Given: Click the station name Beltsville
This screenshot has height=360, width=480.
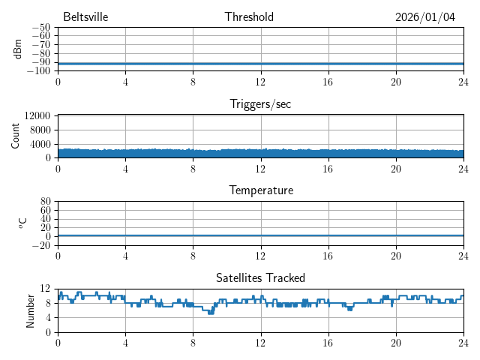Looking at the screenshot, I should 86,17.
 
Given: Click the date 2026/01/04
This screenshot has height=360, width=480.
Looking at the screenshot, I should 425,17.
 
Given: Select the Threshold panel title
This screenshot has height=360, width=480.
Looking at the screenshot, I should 249,17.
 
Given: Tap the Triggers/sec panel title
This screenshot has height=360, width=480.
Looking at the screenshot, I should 260,104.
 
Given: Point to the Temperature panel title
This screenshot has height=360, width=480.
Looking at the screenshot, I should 260,190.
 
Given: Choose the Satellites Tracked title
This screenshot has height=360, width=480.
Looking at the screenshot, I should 260,277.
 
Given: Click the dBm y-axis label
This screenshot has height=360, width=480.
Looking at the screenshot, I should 18,49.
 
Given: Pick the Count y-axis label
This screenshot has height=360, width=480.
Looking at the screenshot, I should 15,136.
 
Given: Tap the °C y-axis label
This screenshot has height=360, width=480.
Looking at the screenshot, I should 22,223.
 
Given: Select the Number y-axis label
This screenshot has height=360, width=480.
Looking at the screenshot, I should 30,310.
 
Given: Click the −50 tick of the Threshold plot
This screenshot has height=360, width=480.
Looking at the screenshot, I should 40,28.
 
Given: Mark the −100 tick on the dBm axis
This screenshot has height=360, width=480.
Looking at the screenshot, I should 38,71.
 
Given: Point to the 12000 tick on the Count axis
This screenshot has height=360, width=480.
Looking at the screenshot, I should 37,115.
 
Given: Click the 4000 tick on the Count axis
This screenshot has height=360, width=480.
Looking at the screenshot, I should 40,144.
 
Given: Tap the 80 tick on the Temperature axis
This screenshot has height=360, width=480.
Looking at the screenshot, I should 46,202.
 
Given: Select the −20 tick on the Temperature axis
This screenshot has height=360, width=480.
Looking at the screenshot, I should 40,245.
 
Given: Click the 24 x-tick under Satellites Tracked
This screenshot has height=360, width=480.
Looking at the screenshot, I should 463,342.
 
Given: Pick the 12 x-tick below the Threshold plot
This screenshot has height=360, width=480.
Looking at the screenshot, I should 260,82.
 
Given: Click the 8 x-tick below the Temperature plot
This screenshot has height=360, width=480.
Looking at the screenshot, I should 193,255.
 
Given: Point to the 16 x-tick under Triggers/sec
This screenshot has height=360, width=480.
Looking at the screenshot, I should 328,169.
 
